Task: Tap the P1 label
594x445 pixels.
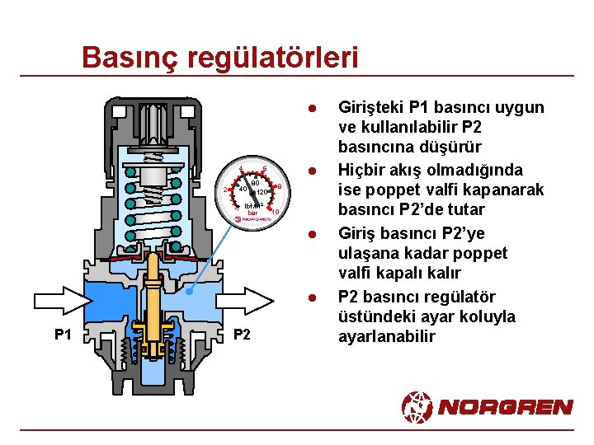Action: click(x=64, y=334)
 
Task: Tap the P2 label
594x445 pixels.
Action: click(x=242, y=334)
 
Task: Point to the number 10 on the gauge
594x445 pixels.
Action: click(x=276, y=213)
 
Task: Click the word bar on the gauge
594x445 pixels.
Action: click(x=253, y=213)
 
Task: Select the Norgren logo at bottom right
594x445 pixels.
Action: click(x=487, y=406)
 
